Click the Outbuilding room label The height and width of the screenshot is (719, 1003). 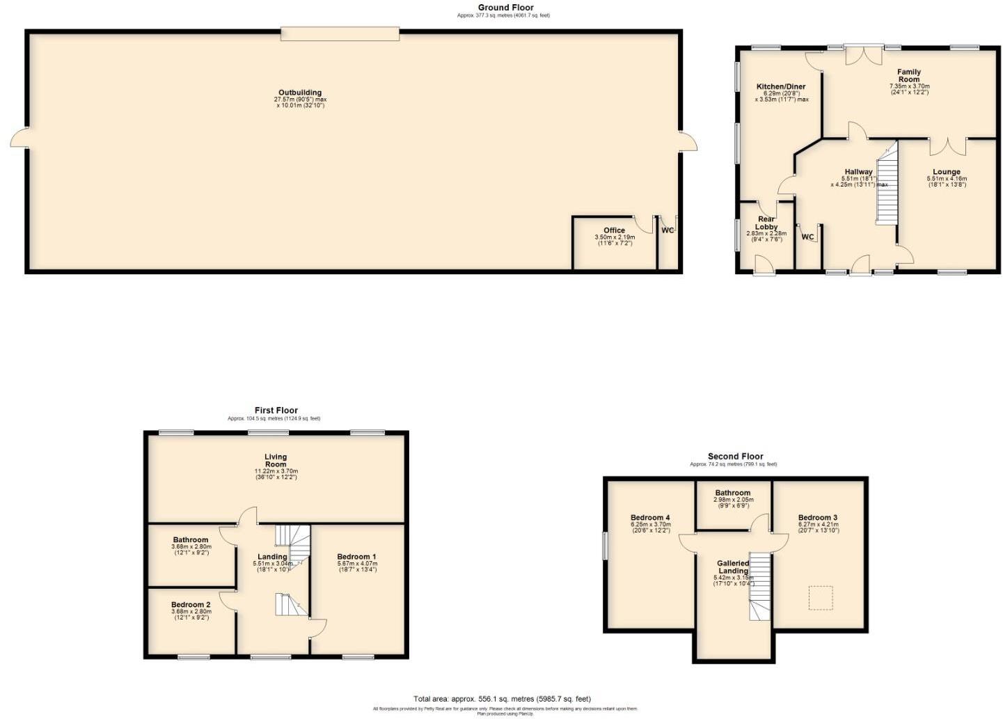tap(300, 93)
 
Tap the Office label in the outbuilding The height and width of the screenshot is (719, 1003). tap(614, 230)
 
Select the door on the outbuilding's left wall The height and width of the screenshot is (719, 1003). tap(19, 138)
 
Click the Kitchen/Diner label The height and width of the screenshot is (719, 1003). tap(781, 87)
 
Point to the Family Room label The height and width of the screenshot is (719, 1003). tap(908, 75)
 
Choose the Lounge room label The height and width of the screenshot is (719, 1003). tap(946, 172)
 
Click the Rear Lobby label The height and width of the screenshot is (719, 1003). tap(766, 223)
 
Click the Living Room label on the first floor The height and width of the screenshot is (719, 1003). tap(276, 461)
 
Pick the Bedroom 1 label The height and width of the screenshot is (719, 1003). tap(356, 557)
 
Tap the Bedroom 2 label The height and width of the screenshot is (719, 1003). tap(191, 605)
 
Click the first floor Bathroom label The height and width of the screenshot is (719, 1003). tap(191, 540)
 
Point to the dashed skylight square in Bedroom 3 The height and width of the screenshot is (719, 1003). tap(821, 598)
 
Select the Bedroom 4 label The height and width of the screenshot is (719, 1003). tap(650, 518)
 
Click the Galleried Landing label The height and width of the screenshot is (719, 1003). tap(733, 567)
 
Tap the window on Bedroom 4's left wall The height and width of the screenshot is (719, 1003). tap(605, 545)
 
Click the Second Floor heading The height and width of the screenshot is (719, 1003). tap(735, 457)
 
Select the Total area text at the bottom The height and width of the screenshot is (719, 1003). tap(502, 699)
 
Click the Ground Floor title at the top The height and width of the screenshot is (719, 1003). tap(505, 8)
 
